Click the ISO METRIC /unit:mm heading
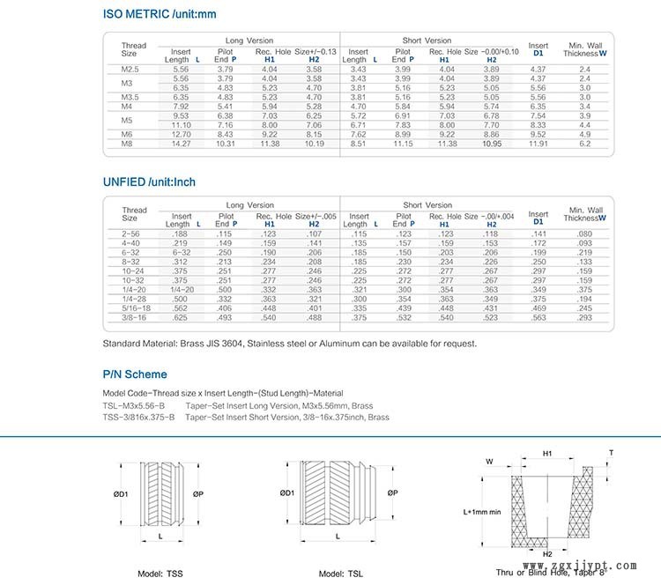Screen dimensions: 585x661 pyautogui.click(x=158, y=14)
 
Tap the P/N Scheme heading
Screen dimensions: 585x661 pyautogui.click(x=135, y=374)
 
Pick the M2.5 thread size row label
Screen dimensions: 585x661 pyautogui.click(x=131, y=68)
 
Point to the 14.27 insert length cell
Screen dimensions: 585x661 pyautogui.click(x=181, y=143)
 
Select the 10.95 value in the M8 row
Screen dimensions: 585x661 pyautogui.click(x=492, y=143)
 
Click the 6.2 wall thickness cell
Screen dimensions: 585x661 pyautogui.click(x=584, y=143)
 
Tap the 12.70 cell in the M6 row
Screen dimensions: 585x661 pyautogui.click(x=181, y=135)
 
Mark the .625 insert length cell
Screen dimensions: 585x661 pyautogui.click(x=181, y=317)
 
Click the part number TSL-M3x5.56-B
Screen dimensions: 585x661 pyautogui.click(x=134, y=406)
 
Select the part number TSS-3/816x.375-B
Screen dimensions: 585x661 pyautogui.click(x=138, y=417)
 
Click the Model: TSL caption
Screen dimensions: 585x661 pyautogui.click(x=340, y=574)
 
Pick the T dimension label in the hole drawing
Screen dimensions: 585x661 pyautogui.click(x=612, y=453)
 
